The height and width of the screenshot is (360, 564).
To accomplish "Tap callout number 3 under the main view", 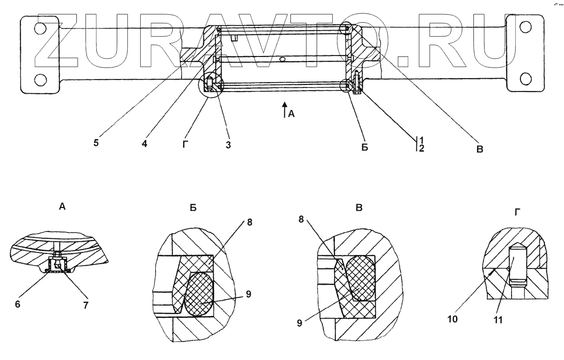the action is pos(228,145).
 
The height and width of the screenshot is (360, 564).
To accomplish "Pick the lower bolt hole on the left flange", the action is pos(40,80).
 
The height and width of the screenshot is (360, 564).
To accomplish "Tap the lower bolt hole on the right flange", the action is pos(525,79).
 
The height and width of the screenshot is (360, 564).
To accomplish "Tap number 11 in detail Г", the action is pos(499,319).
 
